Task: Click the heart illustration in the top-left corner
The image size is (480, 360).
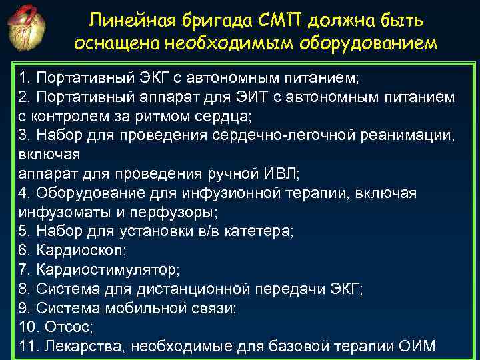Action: click(x=28, y=30)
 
